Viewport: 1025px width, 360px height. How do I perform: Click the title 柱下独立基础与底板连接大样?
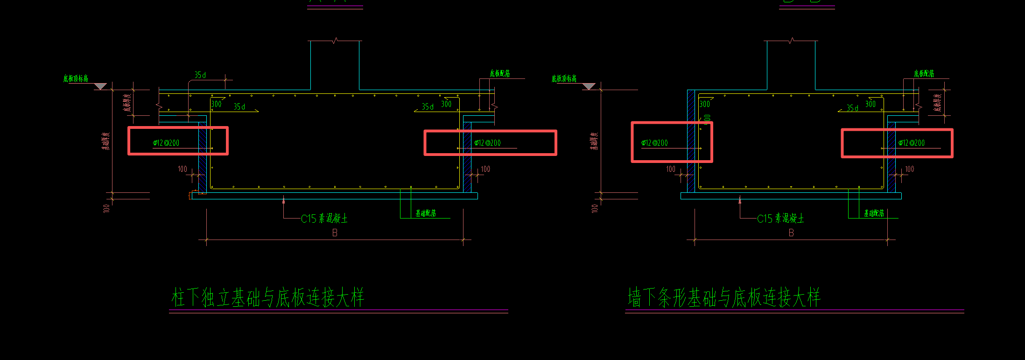tap(267, 297)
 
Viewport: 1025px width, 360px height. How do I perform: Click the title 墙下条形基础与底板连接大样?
tap(723, 297)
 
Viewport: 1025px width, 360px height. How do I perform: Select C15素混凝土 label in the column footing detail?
tap(324, 219)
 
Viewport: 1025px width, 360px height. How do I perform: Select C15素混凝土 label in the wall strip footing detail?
tap(780, 219)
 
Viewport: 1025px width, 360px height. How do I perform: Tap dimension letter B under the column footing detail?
tap(335, 233)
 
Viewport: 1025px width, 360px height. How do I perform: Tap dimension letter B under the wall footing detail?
tap(791, 233)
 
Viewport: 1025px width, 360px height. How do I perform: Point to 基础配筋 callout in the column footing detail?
tap(426, 213)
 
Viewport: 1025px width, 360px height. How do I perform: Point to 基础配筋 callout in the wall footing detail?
tap(874, 213)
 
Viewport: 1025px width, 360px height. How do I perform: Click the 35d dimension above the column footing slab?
tap(200, 75)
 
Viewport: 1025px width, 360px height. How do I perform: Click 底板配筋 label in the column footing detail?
tap(499, 73)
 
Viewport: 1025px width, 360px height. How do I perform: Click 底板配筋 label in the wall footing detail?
tap(924, 73)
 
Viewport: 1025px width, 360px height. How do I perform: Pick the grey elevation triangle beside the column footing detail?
tap(100, 86)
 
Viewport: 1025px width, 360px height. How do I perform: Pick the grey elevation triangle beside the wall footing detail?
tap(589, 86)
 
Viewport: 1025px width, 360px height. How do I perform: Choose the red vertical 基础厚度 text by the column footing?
tap(106, 141)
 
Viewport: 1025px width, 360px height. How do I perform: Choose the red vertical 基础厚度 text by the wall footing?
tap(594, 141)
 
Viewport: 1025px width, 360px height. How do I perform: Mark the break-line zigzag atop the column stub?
tap(335, 41)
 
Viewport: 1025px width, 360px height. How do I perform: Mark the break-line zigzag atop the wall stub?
tap(791, 41)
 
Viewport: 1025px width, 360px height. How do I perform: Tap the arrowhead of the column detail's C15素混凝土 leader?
tap(283, 201)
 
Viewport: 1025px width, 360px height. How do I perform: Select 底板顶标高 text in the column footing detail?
tap(76, 78)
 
